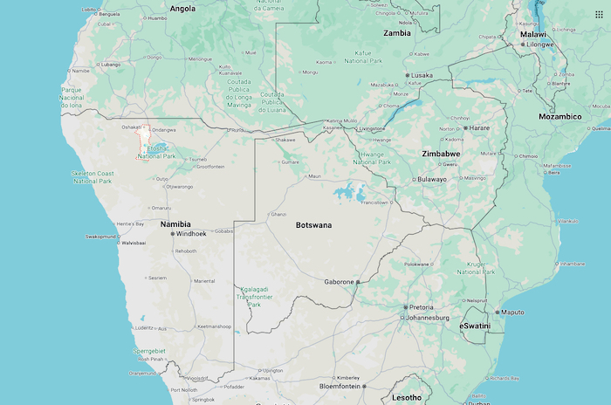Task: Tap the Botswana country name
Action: (x=313, y=225)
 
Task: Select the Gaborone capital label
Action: (x=339, y=282)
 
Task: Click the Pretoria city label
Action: (x=421, y=307)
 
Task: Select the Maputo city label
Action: (x=513, y=312)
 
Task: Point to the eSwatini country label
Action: (x=475, y=326)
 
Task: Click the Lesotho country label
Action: (x=406, y=398)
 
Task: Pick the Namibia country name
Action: (x=175, y=224)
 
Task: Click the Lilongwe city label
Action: (x=539, y=44)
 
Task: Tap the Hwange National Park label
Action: (x=372, y=157)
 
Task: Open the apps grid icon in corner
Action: (x=598, y=14)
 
